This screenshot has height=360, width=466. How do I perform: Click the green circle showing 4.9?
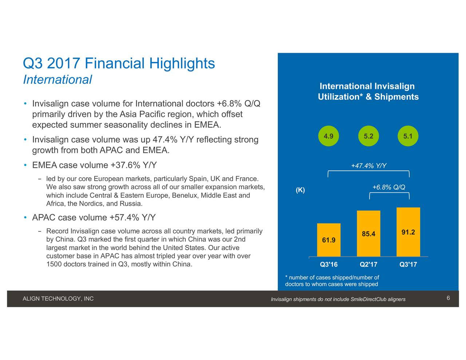click(x=328, y=136)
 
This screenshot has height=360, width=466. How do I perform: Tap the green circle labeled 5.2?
click(x=368, y=136)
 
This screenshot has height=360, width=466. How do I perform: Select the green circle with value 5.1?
click(x=408, y=136)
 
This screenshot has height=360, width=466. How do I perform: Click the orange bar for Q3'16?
click(x=329, y=240)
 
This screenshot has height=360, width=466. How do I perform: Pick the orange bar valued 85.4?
click(x=368, y=233)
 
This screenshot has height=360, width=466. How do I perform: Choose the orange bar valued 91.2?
click(x=408, y=232)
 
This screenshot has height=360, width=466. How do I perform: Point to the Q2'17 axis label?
click(x=368, y=264)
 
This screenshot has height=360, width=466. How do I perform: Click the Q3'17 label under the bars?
click(x=408, y=264)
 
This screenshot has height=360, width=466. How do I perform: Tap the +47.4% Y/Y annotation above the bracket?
click(x=369, y=166)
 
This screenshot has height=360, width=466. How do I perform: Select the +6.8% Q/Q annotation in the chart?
click(x=389, y=187)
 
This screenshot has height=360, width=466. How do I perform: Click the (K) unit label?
click(x=300, y=190)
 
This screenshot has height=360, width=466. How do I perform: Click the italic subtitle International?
click(x=58, y=80)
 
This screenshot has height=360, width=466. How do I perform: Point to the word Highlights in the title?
click(x=182, y=63)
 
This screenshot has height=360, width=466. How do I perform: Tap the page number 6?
click(x=448, y=298)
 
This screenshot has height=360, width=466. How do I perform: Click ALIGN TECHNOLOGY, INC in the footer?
click(x=58, y=299)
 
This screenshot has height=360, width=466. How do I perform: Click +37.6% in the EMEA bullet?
click(x=125, y=165)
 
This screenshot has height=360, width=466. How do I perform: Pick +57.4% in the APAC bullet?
click(x=124, y=217)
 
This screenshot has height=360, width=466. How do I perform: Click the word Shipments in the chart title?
click(x=396, y=97)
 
